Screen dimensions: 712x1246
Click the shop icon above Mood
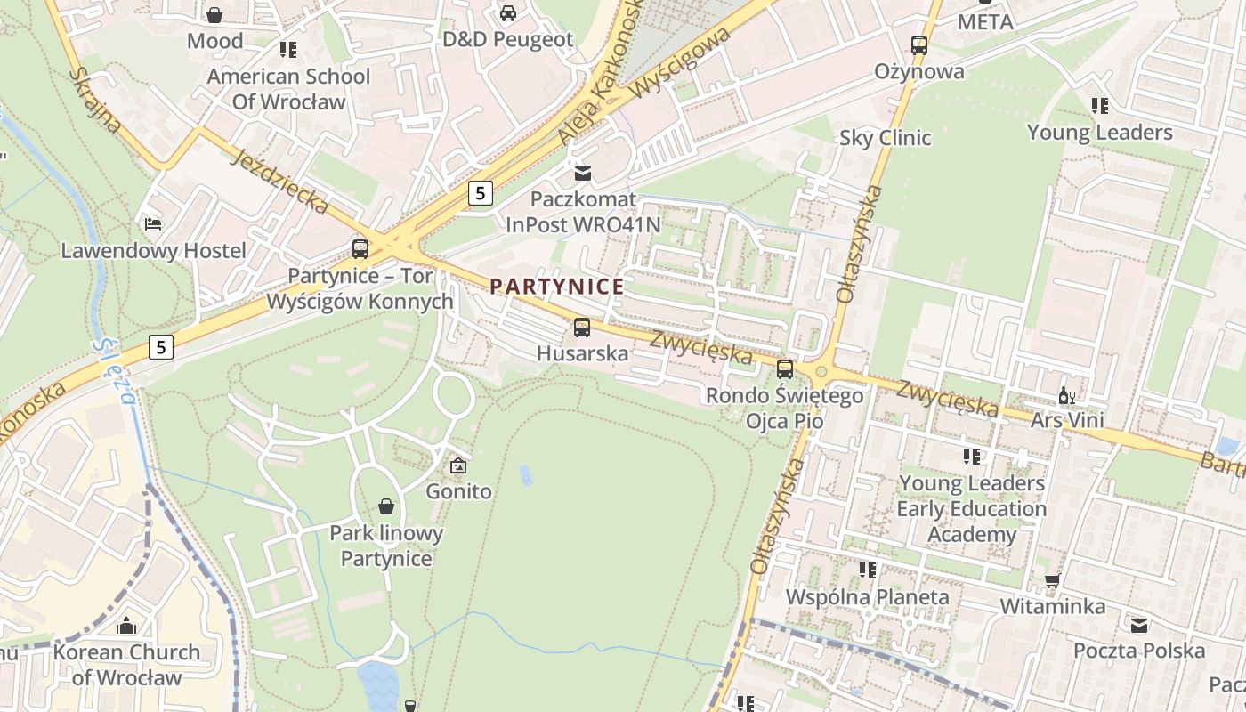[x=214, y=15]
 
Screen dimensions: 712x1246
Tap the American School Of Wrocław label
[x=288, y=89]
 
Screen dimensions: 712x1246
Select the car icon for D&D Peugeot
[x=508, y=13]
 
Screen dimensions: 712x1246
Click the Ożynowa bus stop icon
[x=919, y=44]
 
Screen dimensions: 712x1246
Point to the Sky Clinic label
[x=885, y=138]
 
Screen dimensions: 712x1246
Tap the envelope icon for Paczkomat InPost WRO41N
[x=583, y=173]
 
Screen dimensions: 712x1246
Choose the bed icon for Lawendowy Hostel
[x=153, y=223]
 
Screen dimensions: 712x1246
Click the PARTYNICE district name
[x=557, y=287]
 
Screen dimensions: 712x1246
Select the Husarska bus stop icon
[x=582, y=328]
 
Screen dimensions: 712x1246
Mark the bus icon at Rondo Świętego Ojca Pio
[x=785, y=368]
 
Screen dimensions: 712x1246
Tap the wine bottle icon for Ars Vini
[x=1066, y=395]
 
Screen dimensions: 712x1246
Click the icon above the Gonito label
[x=458, y=465]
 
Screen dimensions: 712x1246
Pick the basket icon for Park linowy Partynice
[x=386, y=506]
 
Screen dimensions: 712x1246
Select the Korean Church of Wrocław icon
[x=126, y=626]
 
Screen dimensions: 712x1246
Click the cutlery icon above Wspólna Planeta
[x=868, y=570]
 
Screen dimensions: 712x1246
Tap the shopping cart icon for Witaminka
[x=1052, y=581]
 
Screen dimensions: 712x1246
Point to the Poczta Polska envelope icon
[x=1139, y=625]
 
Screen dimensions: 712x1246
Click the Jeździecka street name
[x=279, y=182]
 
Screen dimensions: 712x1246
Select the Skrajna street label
[x=95, y=100]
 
